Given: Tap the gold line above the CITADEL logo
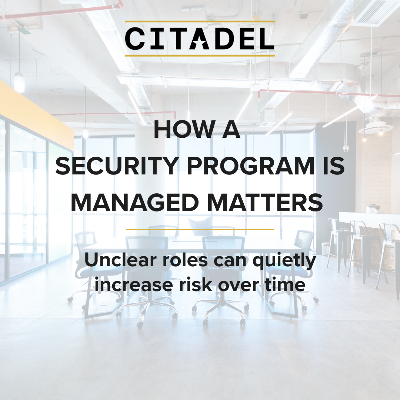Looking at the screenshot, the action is (x=200, y=21).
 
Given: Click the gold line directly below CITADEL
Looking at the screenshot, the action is (x=200, y=55).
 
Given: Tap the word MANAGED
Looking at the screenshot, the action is (x=135, y=203).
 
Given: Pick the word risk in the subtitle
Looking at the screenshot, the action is (x=196, y=284).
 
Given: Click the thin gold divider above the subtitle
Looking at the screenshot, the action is (x=200, y=229).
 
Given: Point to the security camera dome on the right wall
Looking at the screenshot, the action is (x=346, y=149).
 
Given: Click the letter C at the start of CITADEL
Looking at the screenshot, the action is (x=135, y=39).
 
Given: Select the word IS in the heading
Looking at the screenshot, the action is (x=334, y=166).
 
